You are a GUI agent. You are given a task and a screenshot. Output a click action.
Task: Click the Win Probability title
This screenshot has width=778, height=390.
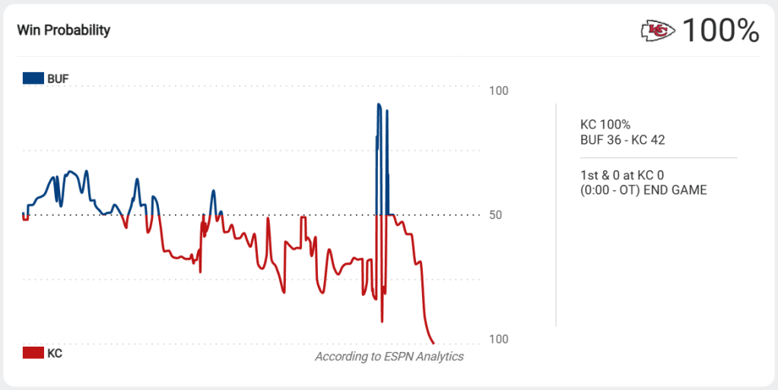(64, 30)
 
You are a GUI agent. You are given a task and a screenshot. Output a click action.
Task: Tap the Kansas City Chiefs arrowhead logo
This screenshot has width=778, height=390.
(658, 31)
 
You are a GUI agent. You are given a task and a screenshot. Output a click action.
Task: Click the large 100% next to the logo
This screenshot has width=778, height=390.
(720, 31)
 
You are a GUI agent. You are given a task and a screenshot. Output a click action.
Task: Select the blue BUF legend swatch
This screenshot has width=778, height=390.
(33, 78)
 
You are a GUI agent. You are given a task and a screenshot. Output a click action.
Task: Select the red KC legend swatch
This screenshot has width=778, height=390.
(33, 353)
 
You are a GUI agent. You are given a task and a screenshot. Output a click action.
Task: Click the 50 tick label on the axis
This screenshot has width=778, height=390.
(495, 215)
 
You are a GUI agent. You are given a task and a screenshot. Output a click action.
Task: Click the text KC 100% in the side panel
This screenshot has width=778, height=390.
(605, 125)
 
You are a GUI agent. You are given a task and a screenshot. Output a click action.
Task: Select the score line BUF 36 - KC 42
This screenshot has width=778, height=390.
(623, 139)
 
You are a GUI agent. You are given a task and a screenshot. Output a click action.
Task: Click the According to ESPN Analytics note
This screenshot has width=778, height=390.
(389, 357)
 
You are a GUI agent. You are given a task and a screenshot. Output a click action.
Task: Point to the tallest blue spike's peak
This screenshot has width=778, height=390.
(379, 104)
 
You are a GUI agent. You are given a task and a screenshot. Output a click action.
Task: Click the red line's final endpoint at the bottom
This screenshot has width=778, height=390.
(433, 343)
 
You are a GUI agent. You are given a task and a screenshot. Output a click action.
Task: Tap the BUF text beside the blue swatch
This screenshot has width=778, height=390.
(58, 78)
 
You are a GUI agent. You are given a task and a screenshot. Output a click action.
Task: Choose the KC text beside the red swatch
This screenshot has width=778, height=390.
(55, 353)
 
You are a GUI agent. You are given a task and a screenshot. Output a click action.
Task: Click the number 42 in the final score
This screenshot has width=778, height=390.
(659, 139)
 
